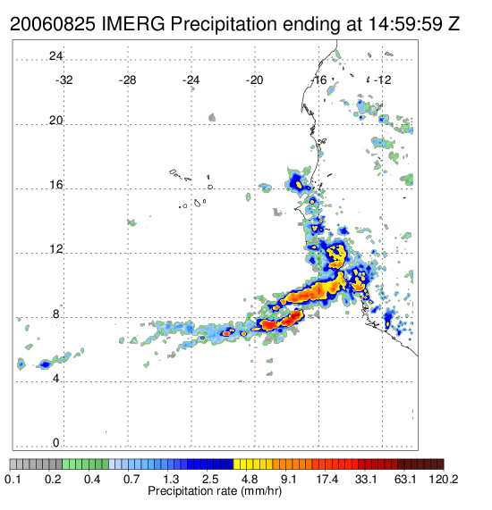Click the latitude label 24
[x=55, y=56]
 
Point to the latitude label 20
[x=55, y=121]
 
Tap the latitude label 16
[x=56, y=185]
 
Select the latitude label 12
[x=56, y=249]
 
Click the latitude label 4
[x=56, y=379]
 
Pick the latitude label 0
[x=56, y=443]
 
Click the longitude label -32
[x=64, y=80]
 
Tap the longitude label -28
[x=128, y=80]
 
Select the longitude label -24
[x=191, y=80]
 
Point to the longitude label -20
[x=255, y=80]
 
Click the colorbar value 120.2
[x=444, y=479]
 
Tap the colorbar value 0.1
[x=13, y=479]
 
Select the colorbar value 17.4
[x=327, y=479]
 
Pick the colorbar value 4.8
[x=250, y=479]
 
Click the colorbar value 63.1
[x=405, y=479]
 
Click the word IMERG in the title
[x=133, y=24]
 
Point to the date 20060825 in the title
[x=53, y=24]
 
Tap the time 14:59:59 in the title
[x=404, y=24]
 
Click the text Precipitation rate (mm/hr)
[x=215, y=491]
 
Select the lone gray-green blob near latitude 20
[x=212, y=117]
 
